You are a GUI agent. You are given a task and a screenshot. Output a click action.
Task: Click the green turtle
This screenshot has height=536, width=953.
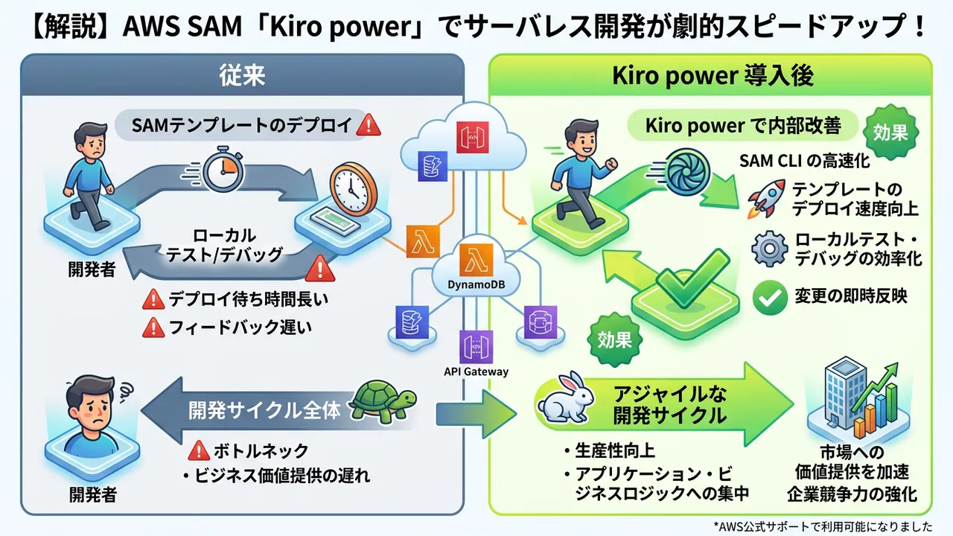(381, 404)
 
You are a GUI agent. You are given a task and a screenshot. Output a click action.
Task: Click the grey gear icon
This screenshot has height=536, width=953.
(769, 249)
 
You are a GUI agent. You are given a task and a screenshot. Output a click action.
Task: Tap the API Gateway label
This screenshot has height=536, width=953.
(476, 371)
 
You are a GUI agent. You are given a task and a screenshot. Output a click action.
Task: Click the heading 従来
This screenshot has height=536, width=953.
(242, 76)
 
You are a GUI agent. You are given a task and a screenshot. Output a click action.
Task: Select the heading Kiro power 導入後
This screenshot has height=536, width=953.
(712, 76)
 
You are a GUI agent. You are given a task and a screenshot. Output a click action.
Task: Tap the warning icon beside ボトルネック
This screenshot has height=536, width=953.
(198, 450)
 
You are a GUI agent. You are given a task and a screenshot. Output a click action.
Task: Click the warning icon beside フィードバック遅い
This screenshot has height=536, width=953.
(153, 326)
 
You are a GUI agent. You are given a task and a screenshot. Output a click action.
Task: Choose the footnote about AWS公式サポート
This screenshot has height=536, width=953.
(822, 526)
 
